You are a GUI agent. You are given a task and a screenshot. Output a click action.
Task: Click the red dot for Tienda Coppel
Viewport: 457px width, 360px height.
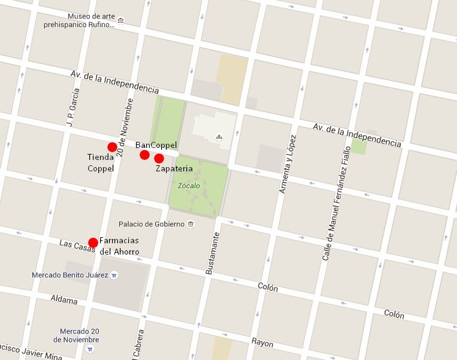(x=112, y=147)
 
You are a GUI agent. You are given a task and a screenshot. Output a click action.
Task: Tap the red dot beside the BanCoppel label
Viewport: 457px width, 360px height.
(x=144, y=155)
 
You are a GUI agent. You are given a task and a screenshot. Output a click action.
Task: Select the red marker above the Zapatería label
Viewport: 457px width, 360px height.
(x=159, y=158)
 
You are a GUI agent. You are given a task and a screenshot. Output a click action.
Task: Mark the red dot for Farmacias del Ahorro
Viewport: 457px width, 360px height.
(x=93, y=243)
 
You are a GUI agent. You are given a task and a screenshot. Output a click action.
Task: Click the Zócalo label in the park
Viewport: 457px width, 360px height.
(x=189, y=186)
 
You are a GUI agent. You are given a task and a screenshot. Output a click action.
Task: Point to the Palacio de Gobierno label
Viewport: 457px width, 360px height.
(x=152, y=224)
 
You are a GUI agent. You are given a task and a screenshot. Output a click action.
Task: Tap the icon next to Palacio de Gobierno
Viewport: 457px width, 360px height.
(x=190, y=225)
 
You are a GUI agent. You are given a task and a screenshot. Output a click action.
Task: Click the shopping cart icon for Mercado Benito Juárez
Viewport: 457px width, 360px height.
(x=115, y=276)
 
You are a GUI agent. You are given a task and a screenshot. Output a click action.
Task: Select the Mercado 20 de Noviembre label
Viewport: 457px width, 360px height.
(x=75, y=335)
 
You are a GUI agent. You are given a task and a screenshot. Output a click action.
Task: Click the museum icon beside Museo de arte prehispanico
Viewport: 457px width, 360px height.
(x=121, y=20)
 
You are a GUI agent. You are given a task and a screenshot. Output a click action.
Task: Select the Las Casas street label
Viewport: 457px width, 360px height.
(x=77, y=246)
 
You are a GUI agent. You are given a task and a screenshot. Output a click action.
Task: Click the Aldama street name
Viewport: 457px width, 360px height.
(x=64, y=299)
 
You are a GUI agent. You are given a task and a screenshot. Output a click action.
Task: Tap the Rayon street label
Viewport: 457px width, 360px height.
(x=262, y=343)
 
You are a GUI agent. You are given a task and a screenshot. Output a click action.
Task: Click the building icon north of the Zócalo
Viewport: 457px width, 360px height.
(x=219, y=135)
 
